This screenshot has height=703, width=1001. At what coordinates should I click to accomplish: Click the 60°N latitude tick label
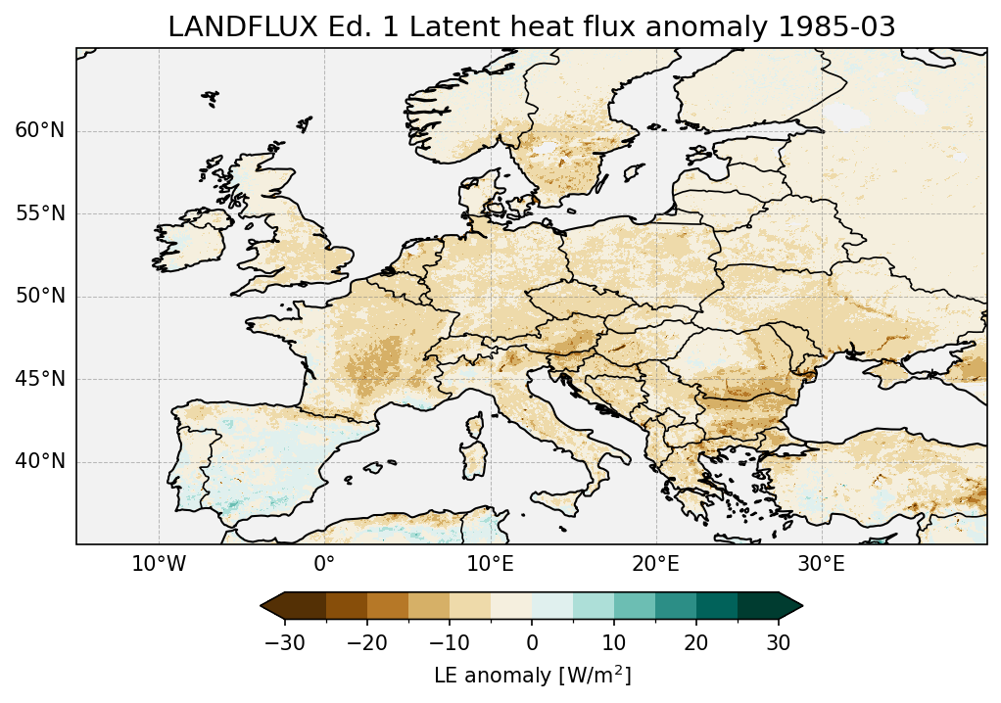40,131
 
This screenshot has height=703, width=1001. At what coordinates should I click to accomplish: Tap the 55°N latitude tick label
40,213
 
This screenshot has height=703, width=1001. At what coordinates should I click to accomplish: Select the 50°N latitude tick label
40,297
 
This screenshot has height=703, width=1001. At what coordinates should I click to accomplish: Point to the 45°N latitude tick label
40,379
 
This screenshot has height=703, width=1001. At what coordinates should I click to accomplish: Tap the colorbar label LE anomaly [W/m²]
532,676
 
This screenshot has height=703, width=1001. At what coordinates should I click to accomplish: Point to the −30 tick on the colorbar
285,642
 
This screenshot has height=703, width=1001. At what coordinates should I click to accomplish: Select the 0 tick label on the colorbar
532,642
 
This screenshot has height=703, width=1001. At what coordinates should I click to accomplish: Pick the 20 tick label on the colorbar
696,642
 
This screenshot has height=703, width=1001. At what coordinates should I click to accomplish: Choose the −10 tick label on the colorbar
450,642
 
